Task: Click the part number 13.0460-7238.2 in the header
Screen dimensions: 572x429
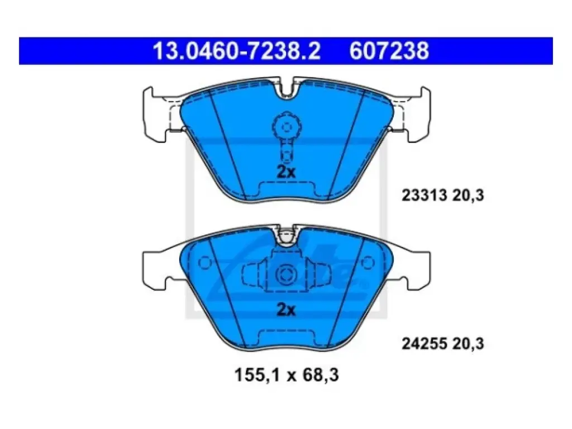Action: [x=237, y=51]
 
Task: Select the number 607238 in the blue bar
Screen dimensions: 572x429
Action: [x=389, y=51]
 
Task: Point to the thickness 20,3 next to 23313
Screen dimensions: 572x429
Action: [x=468, y=196]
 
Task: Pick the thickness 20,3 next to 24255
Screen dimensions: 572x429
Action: [x=468, y=344]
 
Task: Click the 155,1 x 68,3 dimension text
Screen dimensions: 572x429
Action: [x=287, y=375]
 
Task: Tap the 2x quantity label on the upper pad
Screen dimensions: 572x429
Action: [x=286, y=171]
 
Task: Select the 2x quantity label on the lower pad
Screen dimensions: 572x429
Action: [x=286, y=309]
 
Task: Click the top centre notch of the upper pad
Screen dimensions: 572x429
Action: [x=286, y=90]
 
